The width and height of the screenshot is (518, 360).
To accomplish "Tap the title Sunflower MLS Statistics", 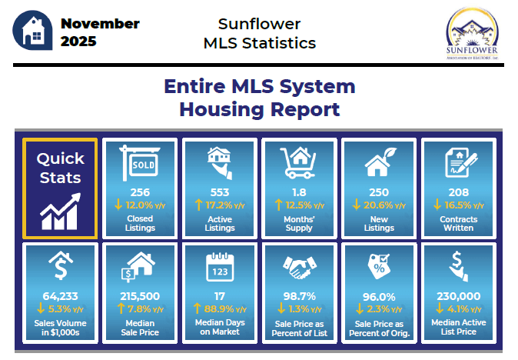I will pyautogui.click(x=259, y=33).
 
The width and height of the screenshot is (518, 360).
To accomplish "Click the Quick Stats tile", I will pyautogui.click(x=60, y=188).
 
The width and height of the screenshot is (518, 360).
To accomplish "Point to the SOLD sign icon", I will pyautogui.click(x=139, y=164).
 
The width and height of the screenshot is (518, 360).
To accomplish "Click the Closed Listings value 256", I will pyautogui.click(x=140, y=192).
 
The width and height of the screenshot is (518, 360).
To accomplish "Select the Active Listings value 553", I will pyautogui.click(x=219, y=192).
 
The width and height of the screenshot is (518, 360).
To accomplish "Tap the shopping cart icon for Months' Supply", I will pyautogui.click(x=299, y=163).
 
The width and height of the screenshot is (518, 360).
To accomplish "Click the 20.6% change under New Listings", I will pyautogui.click(x=378, y=205).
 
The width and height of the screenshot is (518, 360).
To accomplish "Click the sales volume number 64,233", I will pyautogui.click(x=60, y=296).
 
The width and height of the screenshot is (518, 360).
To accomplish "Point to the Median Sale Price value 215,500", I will pyautogui.click(x=140, y=296).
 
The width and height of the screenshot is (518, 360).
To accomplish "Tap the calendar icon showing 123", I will pyautogui.click(x=219, y=267).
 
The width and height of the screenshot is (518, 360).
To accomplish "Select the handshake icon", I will pyautogui.click(x=299, y=268).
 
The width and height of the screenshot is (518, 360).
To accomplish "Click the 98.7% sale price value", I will pyautogui.click(x=299, y=296).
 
